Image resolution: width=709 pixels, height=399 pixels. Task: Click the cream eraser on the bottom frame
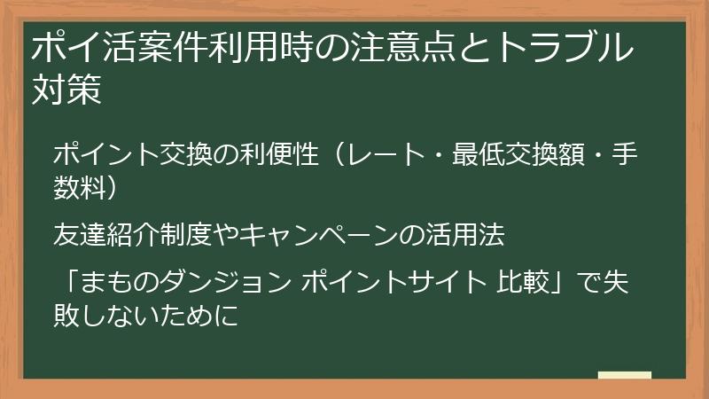click(x=624, y=376)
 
